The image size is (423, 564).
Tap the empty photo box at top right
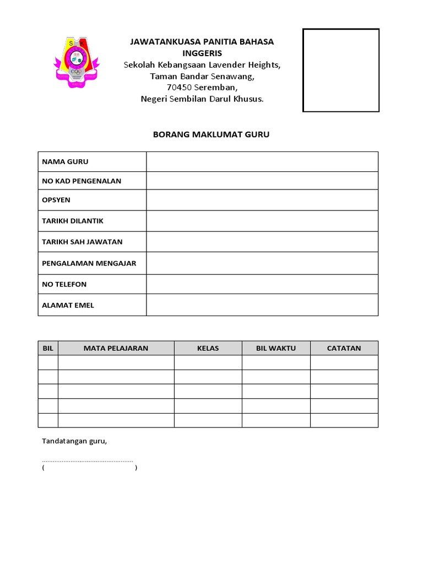click(341, 70)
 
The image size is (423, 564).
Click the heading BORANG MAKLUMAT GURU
click(211, 134)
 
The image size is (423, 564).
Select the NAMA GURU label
click(65, 161)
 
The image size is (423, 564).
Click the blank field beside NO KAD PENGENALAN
click(262, 181)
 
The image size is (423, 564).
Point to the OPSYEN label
click(56, 200)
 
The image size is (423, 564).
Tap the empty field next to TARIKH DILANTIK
click(262, 221)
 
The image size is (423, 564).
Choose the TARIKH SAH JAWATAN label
click(82, 242)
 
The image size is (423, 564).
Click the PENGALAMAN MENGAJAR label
click(89, 263)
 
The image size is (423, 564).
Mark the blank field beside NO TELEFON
click(262, 284)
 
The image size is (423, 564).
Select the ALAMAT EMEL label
click(68, 305)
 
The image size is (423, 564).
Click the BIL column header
click(48, 348)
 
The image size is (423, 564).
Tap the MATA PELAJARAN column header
click(116, 348)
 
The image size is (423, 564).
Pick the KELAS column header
click(208, 348)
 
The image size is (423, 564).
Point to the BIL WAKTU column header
click(276, 348)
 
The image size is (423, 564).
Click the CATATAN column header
click(344, 348)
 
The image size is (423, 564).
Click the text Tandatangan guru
click(74, 441)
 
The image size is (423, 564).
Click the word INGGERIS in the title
click(202, 53)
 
